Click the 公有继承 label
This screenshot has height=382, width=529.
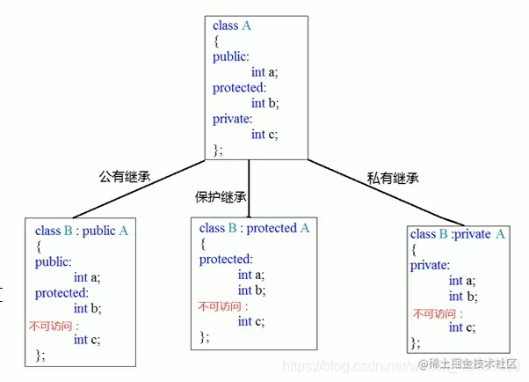point(124,175)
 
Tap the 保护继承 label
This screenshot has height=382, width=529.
point(221,195)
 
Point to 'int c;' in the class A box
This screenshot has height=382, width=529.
point(264,134)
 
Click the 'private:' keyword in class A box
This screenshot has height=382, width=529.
point(232,118)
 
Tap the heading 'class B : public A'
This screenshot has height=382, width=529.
point(82,231)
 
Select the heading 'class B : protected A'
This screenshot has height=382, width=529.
point(255,228)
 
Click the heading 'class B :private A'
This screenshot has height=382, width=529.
point(457,234)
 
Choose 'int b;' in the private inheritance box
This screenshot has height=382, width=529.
point(462,296)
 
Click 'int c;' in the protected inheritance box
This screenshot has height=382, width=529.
point(251,321)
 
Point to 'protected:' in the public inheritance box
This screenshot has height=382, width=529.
point(64,293)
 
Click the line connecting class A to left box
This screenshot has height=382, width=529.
point(141,187)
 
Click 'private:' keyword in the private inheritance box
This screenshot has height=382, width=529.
point(430,265)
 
